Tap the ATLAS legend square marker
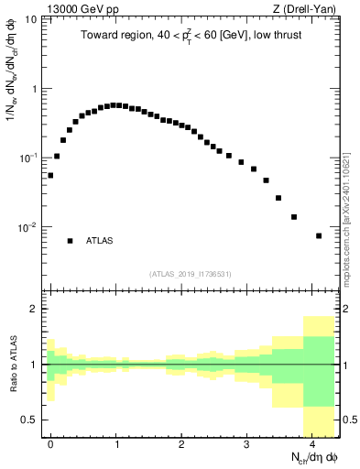(x=70, y=241)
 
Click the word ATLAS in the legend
(x=100, y=241)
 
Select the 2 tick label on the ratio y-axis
(x=36, y=309)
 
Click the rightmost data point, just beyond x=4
(x=319, y=235)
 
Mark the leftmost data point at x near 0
(x=50, y=175)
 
